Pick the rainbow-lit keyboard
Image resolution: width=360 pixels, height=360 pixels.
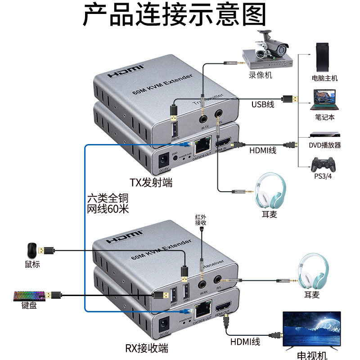point(28,296)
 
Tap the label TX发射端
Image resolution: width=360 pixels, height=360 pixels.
point(151,182)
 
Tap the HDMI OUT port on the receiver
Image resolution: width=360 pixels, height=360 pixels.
point(223,310)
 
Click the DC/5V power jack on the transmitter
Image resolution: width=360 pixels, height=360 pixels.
point(162,159)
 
